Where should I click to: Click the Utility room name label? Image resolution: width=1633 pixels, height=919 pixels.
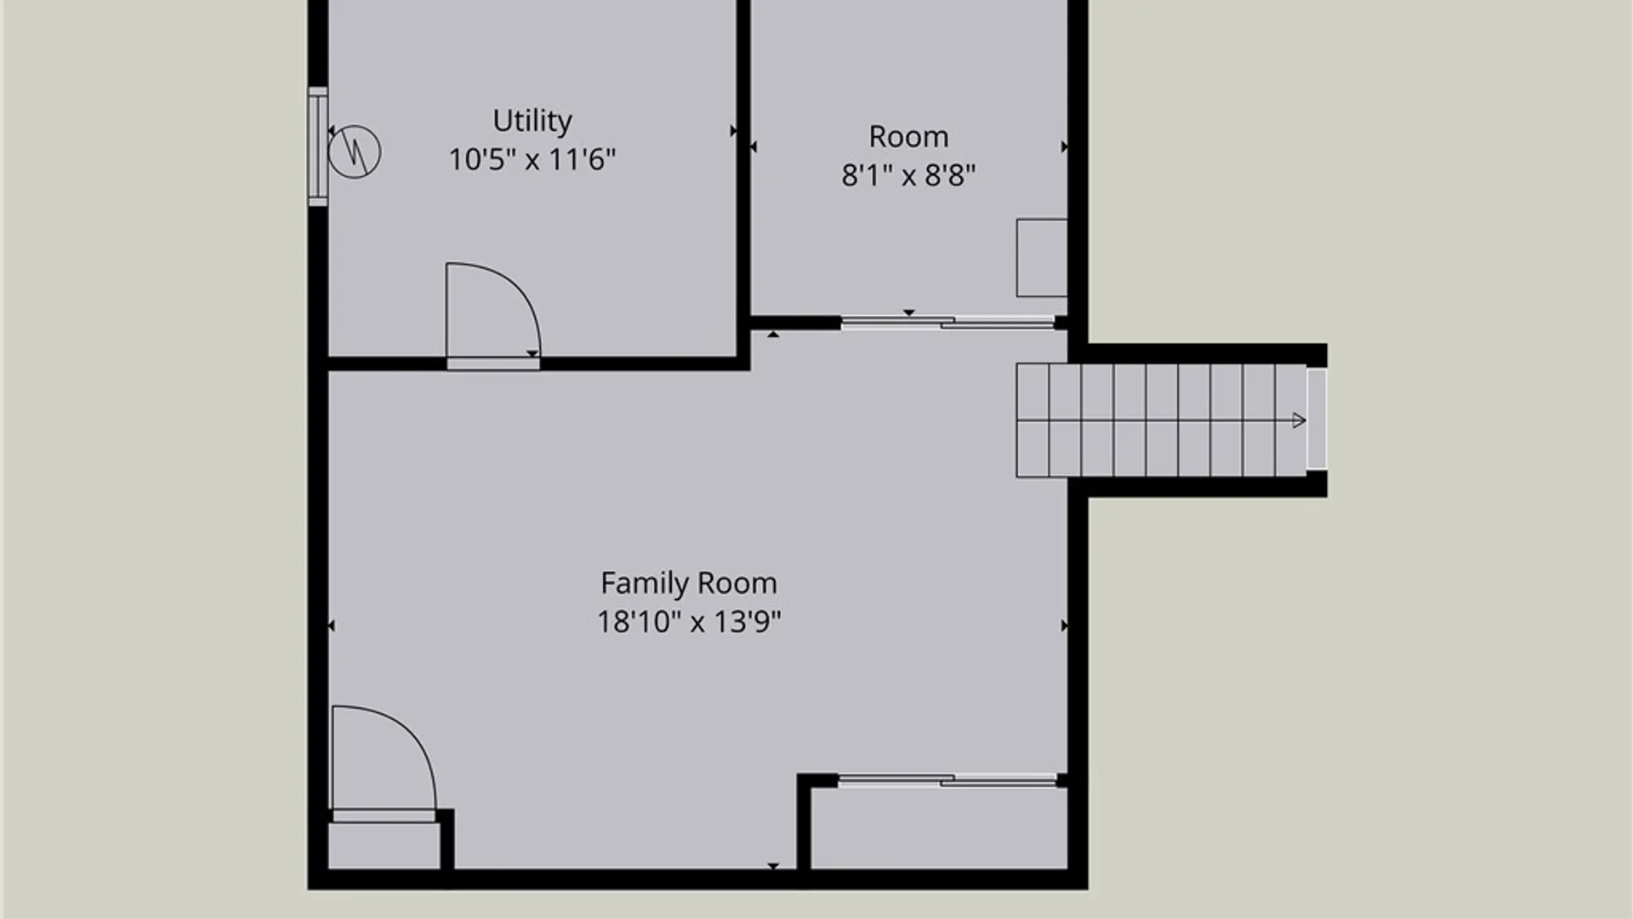tap(532, 121)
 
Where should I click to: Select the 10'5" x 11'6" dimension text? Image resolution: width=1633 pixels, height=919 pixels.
tap(532, 159)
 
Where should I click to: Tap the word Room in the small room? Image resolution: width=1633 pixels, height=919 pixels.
tap(908, 136)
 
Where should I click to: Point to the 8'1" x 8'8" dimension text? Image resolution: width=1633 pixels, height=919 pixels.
tap(908, 175)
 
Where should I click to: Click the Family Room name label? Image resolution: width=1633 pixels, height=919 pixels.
tap(689, 584)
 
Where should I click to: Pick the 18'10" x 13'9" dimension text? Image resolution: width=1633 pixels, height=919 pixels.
tap(689, 622)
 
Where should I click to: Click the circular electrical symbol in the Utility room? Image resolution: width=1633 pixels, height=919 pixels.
tap(354, 151)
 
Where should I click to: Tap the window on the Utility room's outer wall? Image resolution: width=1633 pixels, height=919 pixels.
tap(317, 146)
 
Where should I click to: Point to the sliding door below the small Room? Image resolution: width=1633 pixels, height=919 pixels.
tap(948, 322)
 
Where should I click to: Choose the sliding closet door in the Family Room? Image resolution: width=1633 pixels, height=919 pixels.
tap(947, 779)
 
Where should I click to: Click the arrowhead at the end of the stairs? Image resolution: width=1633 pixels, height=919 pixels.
tap(1299, 420)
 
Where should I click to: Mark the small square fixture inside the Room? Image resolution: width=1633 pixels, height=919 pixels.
tap(1042, 258)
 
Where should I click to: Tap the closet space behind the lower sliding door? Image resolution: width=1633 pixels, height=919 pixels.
tap(939, 828)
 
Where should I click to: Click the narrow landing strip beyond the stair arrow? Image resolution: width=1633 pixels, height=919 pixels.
tap(1316, 420)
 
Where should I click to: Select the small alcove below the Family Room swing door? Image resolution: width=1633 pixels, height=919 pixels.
tap(384, 846)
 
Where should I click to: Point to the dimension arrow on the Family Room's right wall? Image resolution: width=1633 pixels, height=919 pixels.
tap(1064, 625)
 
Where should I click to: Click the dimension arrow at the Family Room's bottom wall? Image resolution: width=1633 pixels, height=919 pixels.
tap(773, 866)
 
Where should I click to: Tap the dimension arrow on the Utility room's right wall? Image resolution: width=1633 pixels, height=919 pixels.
tap(734, 130)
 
